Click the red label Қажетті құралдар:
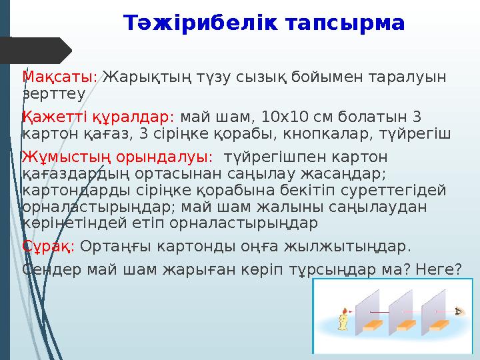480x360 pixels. point(98,117)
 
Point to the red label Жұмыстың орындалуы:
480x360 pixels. point(117,157)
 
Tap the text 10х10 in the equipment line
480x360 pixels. point(283,117)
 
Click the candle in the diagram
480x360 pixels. point(344,321)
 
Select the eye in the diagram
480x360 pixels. point(459,311)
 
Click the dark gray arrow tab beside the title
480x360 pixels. point(37,51)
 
